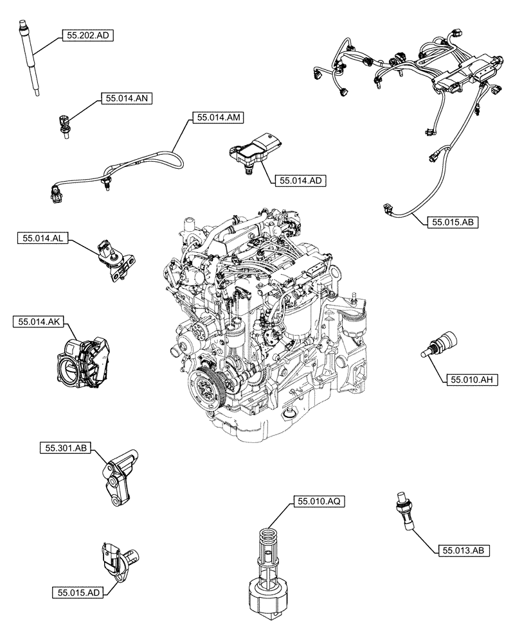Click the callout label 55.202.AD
pos(87,37)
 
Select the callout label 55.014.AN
pos(125,99)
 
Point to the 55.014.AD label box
pos(299,181)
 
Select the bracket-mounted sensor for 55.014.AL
pos(116,260)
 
